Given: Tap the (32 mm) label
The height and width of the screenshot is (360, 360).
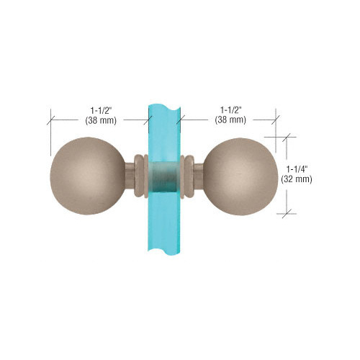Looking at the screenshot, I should [298, 180].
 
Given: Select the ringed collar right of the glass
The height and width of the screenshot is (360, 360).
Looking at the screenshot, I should [188, 176].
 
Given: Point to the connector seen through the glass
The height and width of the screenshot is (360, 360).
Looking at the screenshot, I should [165, 176].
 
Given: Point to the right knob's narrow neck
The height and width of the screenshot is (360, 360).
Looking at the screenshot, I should [201, 176].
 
